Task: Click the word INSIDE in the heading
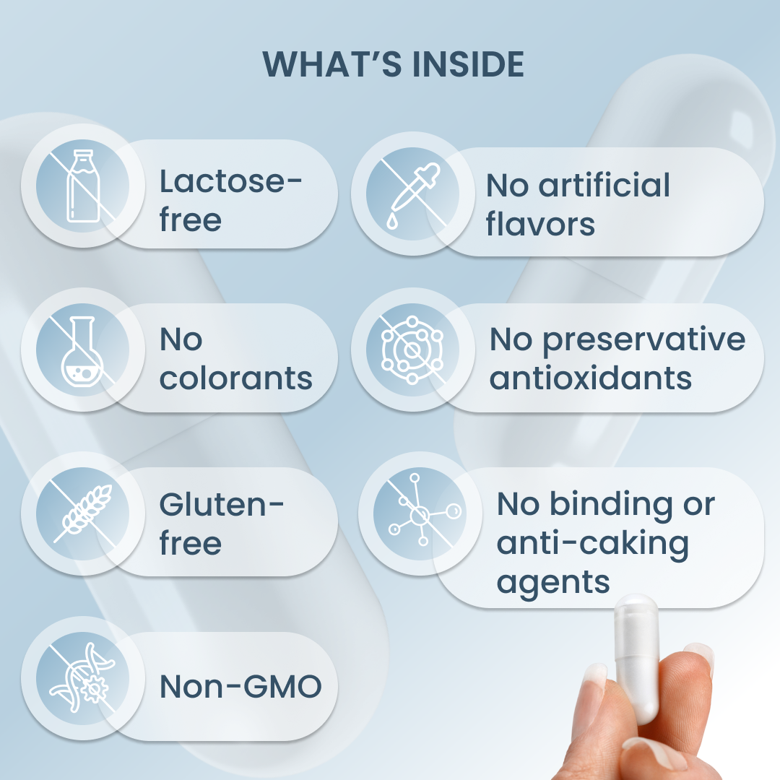click(x=469, y=64)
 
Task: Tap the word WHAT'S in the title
click(x=331, y=64)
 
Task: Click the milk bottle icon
click(x=82, y=186)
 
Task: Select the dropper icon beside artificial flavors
click(x=413, y=196)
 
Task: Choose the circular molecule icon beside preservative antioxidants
click(x=412, y=350)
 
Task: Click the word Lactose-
click(x=230, y=181)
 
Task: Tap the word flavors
click(x=540, y=223)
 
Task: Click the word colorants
click(x=235, y=378)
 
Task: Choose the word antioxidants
click(x=591, y=378)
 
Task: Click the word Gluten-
click(x=222, y=504)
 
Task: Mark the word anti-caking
click(x=592, y=544)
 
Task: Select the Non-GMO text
click(x=240, y=687)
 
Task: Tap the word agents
click(x=553, y=584)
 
